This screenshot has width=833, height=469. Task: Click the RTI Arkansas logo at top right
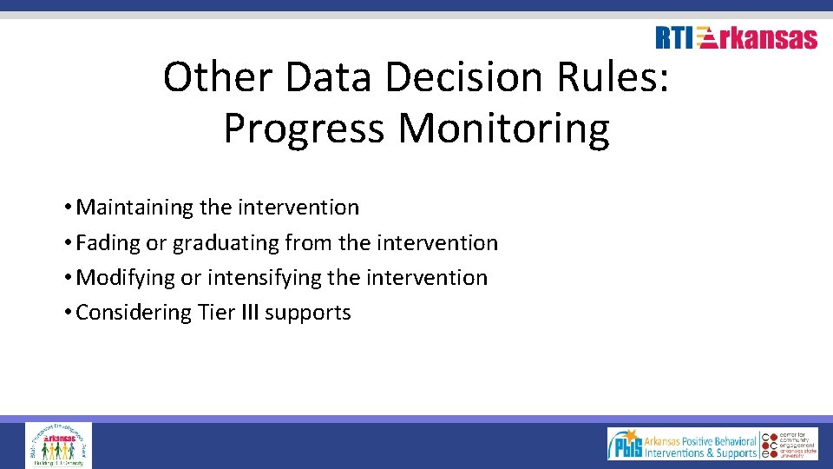736,38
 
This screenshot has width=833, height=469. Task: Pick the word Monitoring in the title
504,129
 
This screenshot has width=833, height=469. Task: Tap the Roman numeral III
247,313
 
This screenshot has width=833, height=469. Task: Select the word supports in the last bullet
308,313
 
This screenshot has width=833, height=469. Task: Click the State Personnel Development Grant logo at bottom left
58,445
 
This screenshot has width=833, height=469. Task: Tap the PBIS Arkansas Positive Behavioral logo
682,444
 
